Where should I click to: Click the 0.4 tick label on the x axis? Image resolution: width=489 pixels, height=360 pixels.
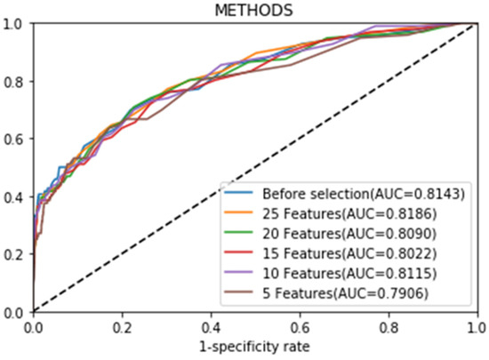pos(211,328)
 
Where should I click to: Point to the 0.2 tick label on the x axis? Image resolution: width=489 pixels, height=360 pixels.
pos(122,328)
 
